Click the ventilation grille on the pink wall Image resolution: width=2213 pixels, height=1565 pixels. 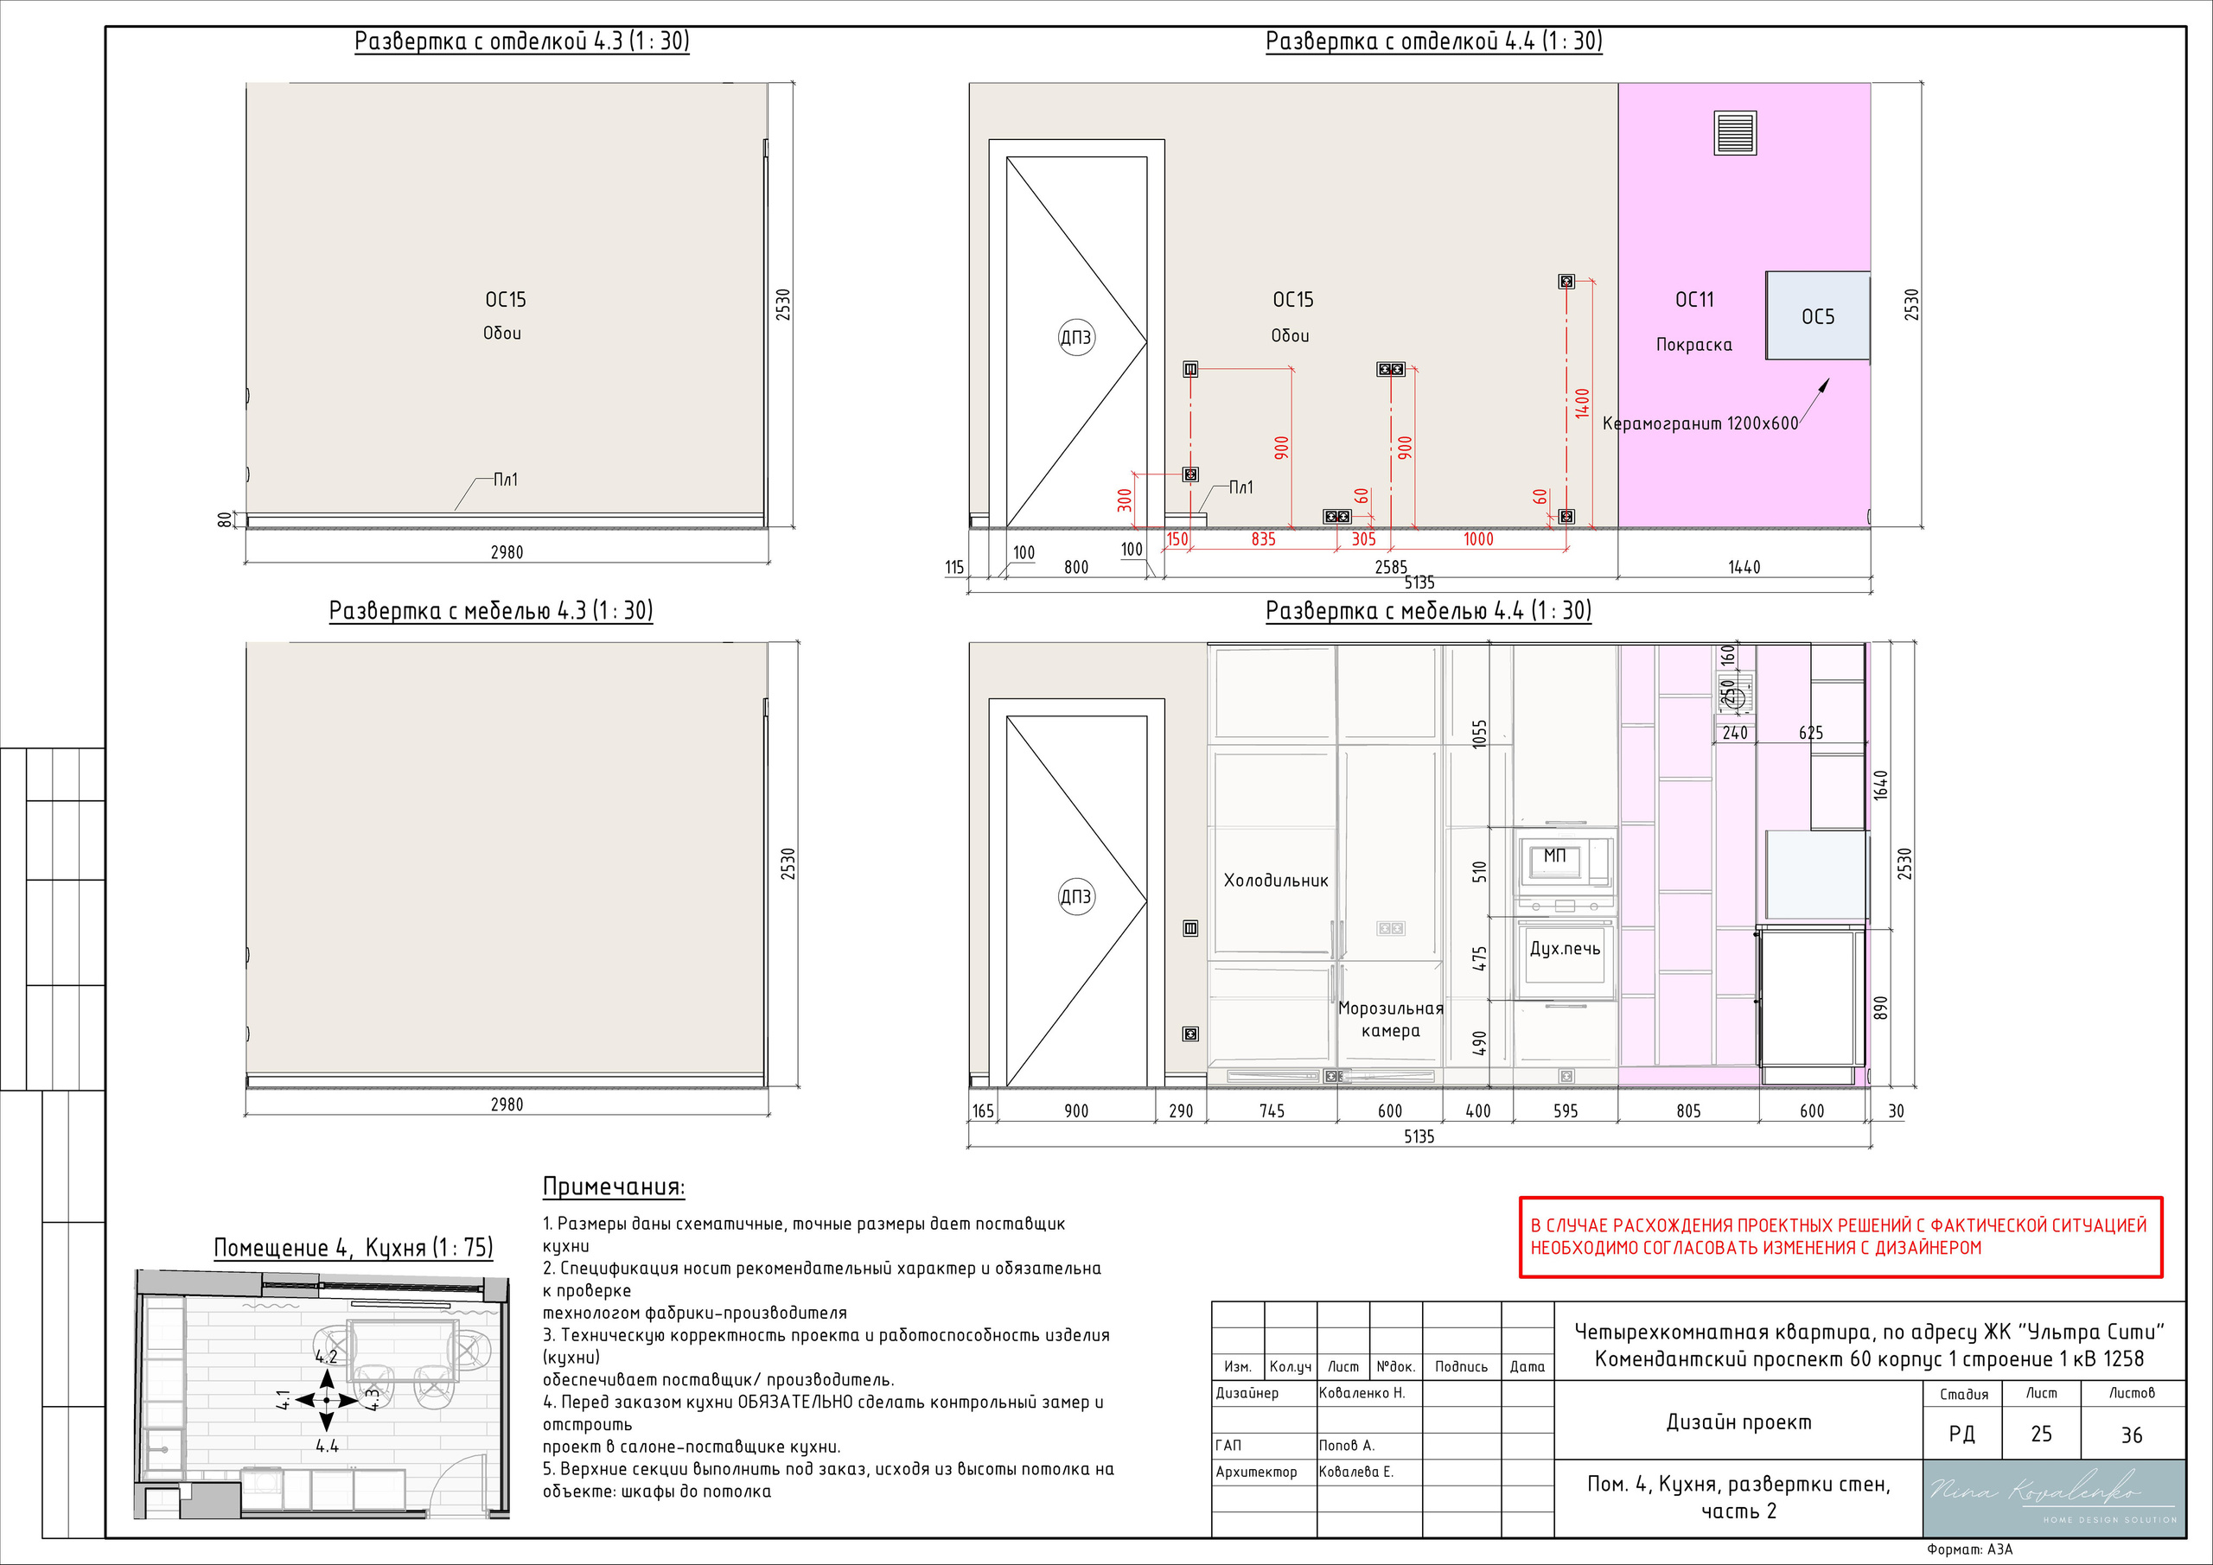pos(1736,134)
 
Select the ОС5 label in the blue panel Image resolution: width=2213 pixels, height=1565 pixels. pos(1818,317)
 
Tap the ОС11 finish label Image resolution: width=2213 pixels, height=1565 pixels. pos(1694,300)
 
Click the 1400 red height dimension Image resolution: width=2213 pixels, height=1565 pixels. pos(1582,403)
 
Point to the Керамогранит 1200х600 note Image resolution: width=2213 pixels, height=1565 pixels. pos(1700,423)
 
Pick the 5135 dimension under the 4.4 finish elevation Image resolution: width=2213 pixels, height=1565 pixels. pos(1419,583)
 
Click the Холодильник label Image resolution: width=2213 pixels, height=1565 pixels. pos(1275,880)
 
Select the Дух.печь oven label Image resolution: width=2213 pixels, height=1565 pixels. pos(1565,948)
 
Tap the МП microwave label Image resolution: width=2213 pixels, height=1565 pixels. pos(1554,855)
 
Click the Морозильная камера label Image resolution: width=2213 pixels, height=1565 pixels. pos(1390,1019)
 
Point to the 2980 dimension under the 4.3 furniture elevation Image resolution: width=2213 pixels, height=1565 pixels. pos(507,1104)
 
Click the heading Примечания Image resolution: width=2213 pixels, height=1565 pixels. pos(614,1186)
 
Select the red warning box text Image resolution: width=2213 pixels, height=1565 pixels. pos(1838,1237)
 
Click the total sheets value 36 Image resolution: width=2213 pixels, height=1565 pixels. pos(2131,1435)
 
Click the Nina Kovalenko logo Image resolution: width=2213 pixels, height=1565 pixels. pos(2053,1498)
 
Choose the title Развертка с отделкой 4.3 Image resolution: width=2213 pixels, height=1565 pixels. pos(521,41)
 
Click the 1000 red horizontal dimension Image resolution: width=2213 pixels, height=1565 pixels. pos(1477,539)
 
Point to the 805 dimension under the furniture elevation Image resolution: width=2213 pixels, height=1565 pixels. pos(1688,1111)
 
